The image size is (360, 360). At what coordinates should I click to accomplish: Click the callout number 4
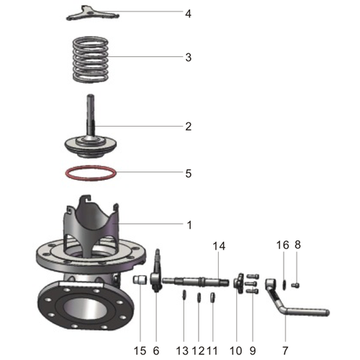click(188, 14)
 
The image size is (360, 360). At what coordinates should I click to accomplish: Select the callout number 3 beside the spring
click(188, 57)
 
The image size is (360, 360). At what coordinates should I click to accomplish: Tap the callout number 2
click(188, 127)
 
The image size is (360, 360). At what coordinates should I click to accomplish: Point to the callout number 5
click(188, 174)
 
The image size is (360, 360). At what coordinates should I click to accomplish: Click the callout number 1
click(189, 225)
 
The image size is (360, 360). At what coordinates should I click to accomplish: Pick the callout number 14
click(219, 246)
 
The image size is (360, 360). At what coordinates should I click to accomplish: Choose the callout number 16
click(283, 246)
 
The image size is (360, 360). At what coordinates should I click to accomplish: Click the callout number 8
click(297, 246)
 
